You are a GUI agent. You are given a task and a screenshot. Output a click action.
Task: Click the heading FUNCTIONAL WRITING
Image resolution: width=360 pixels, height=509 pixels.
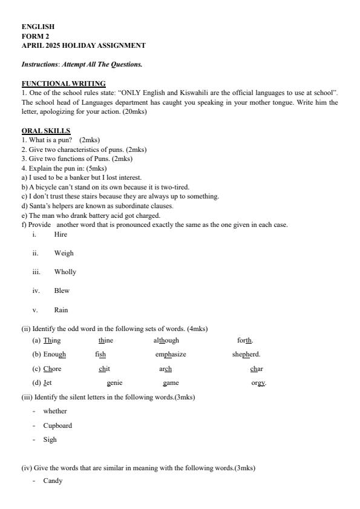(x=64, y=84)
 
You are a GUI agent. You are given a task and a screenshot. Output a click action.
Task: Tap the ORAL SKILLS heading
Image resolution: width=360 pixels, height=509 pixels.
(x=46, y=131)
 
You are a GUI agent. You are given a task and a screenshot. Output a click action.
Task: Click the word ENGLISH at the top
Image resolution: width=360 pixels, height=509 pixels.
(x=38, y=27)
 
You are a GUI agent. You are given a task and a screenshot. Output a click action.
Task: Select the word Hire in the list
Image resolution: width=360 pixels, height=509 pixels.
(x=61, y=234)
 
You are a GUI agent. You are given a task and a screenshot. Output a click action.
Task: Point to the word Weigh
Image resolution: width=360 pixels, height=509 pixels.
(x=64, y=253)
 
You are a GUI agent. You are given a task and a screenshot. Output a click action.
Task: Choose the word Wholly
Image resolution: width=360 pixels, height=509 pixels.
(x=65, y=272)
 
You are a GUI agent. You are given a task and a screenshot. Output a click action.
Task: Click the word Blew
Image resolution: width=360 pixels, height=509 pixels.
(x=62, y=291)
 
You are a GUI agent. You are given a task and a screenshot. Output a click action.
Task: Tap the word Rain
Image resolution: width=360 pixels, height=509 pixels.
(x=61, y=310)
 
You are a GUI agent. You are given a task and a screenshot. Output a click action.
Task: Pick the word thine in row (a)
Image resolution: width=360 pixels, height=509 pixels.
(x=106, y=340)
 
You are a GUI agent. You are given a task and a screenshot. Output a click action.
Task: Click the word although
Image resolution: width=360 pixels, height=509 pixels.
(x=166, y=340)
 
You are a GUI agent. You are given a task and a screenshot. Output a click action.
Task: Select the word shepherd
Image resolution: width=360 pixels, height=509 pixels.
(x=246, y=354)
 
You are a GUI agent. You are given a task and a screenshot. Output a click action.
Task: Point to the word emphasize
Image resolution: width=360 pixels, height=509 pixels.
(x=171, y=354)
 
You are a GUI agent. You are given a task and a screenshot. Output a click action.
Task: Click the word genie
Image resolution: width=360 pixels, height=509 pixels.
(x=114, y=383)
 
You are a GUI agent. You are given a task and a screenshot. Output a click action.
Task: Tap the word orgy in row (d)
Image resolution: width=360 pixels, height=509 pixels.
(x=258, y=383)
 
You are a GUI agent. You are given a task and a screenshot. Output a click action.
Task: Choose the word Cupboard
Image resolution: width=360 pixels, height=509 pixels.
(x=57, y=425)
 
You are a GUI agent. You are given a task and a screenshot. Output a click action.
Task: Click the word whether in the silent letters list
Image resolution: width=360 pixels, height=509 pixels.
(x=55, y=411)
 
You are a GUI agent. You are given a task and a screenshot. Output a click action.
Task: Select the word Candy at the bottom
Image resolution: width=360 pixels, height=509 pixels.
(x=53, y=481)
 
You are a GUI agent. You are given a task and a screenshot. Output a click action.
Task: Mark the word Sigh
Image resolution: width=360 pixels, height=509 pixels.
(x=50, y=439)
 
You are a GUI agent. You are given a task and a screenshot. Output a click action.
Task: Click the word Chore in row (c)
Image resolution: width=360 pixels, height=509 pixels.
(x=53, y=369)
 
